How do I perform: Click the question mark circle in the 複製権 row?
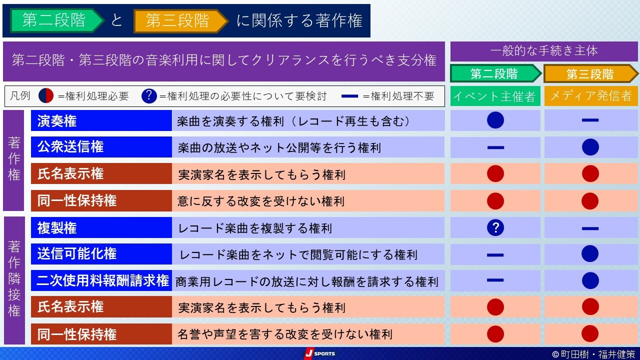click(495, 227)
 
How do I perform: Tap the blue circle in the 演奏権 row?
click(495, 120)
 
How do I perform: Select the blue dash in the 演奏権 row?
click(590, 120)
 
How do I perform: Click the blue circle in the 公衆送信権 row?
click(590, 147)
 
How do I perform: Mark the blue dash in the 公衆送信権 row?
click(495, 147)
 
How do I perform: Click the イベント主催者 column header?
click(495, 96)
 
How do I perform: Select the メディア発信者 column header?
click(591, 96)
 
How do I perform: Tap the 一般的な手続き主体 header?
click(544, 51)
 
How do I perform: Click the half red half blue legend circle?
click(46, 95)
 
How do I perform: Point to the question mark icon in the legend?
click(149, 95)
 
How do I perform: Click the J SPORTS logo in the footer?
click(319, 353)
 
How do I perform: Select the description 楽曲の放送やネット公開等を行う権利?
click(279, 148)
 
